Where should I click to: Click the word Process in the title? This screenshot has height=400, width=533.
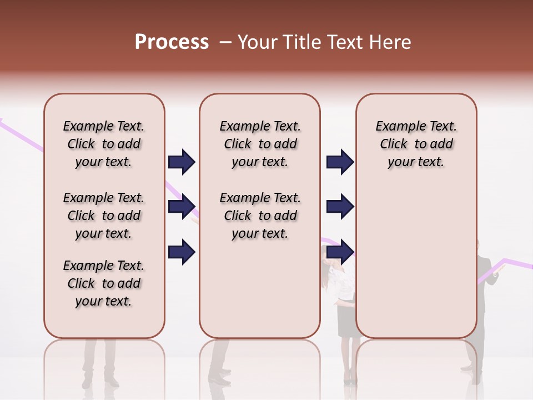tap(172, 42)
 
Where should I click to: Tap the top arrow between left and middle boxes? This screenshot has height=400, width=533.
tap(182, 162)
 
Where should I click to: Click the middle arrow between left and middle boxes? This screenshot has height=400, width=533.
tap(182, 207)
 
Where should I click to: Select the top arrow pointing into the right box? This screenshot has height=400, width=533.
tap(340, 162)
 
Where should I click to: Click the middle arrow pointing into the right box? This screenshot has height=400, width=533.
tap(340, 207)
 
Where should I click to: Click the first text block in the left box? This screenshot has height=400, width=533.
tap(104, 144)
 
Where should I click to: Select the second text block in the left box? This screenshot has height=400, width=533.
tap(104, 216)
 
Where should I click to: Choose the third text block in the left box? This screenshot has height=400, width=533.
tap(104, 283)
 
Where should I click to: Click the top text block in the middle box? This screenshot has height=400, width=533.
tap(260, 144)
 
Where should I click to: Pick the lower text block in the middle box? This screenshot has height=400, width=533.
tap(260, 216)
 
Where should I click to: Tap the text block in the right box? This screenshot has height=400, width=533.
tap(416, 144)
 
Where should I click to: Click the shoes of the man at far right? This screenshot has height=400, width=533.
tap(470, 368)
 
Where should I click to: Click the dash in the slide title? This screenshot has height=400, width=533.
tap(225, 42)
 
